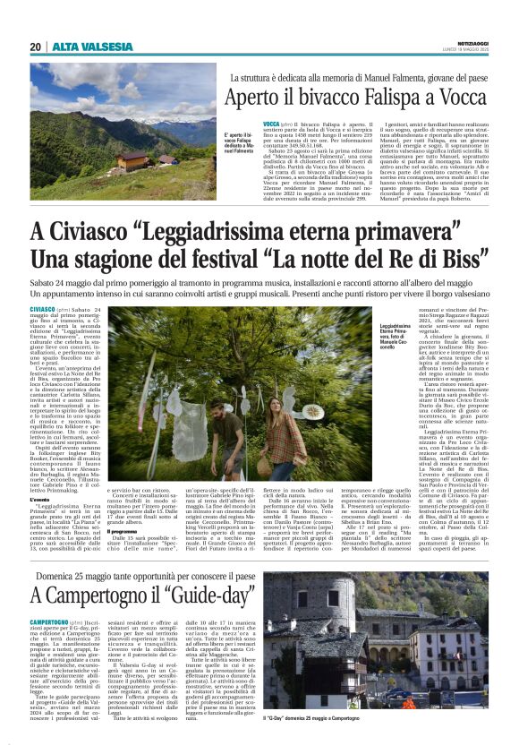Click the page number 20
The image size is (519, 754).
[x=35, y=47]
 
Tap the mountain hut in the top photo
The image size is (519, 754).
[x=133, y=160]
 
